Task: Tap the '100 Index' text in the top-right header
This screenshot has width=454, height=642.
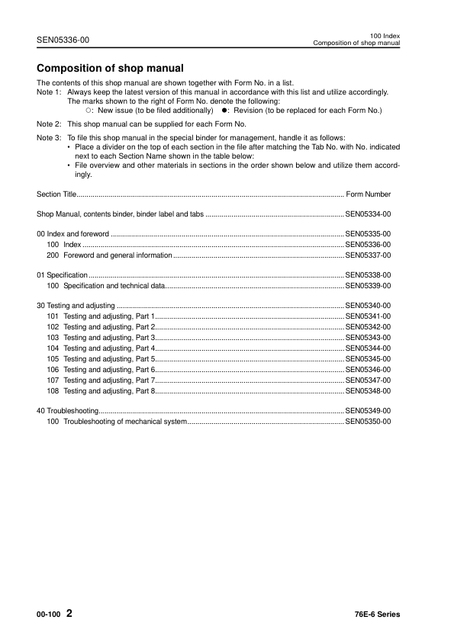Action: click(385, 35)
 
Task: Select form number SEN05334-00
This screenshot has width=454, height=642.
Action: click(368, 215)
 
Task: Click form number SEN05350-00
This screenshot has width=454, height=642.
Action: click(368, 421)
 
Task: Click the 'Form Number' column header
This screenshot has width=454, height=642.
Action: click(368, 194)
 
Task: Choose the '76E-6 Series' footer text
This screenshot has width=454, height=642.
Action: click(372, 615)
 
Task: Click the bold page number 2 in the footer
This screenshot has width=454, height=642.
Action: click(69, 614)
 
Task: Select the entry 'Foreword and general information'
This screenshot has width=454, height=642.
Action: click(118, 255)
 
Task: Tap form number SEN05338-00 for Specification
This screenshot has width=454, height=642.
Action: click(368, 274)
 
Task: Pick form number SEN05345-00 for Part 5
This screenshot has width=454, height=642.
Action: click(368, 358)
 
